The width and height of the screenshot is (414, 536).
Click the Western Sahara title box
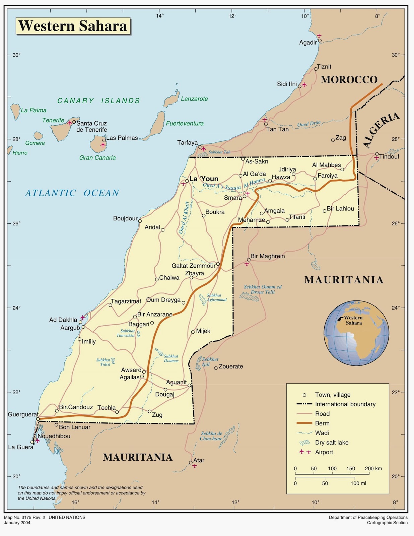pyautogui.click(x=73, y=26)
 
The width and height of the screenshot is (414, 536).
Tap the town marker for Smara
pyautogui.click(x=245, y=196)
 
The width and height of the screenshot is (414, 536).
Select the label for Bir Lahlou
pyautogui.click(x=340, y=209)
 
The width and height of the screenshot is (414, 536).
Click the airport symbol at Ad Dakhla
pyautogui.click(x=83, y=317)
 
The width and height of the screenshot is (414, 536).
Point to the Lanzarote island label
pyautogui.click(x=194, y=99)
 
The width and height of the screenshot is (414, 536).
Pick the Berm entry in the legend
pyautogui.click(x=322, y=423)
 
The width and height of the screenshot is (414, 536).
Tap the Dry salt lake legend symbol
pyautogui.click(x=304, y=443)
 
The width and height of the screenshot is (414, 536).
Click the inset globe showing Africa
pyautogui.click(x=356, y=333)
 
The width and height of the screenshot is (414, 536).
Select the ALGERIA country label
pyautogui.click(x=381, y=130)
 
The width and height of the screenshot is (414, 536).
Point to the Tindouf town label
pyautogui.click(x=389, y=156)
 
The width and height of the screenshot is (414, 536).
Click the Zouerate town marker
pyautogui.click(x=216, y=368)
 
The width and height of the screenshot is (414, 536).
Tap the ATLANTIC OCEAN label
pyautogui.click(x=72, y=193)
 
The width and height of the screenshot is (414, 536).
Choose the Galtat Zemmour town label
pyautogui.click(x=194, y=266)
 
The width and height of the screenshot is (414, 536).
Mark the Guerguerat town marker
pyautogui.click(x=38, y=419)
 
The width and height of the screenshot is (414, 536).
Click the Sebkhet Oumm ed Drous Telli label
pyautogui.click(x=263, y=289)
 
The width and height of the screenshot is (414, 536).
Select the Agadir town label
pyautogui.click(x=308, y=43)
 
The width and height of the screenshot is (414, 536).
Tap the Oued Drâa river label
pyautogui.click(x=309, y=124)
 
